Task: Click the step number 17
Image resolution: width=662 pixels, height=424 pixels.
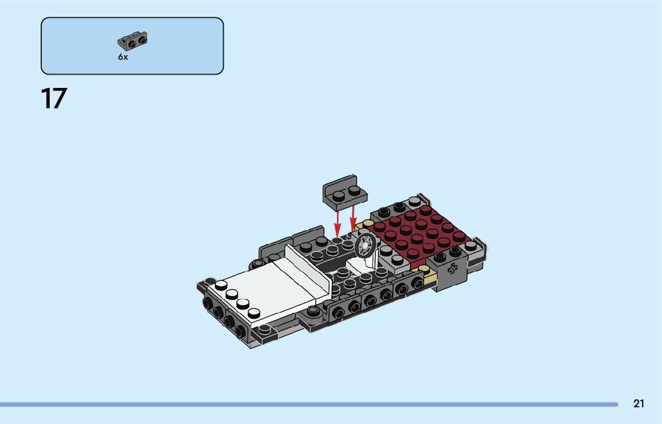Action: point(54,99)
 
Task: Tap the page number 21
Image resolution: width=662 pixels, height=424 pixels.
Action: point(639,404)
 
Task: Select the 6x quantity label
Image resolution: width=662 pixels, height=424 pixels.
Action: point(123,57)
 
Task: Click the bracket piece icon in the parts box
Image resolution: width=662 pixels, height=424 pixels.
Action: point(132,41)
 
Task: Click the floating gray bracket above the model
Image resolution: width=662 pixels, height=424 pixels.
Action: point(345,193)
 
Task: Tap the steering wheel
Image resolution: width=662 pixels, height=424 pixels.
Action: point(365,246)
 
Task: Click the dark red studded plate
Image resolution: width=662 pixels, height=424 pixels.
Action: point(418,232)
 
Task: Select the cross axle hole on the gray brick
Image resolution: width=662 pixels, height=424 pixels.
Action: point(452,269)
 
